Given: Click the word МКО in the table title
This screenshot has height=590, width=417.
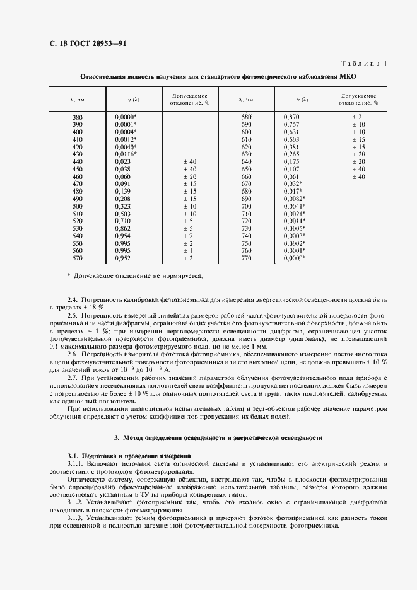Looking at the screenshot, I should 348,77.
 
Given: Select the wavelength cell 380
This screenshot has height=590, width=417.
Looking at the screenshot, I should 77,117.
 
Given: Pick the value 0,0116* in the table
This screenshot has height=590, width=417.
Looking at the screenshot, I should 126,154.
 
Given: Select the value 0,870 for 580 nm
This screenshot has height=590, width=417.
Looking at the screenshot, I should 291,117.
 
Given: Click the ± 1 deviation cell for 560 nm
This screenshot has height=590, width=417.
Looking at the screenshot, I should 188,250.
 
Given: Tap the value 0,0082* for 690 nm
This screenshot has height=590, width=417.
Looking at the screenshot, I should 295,199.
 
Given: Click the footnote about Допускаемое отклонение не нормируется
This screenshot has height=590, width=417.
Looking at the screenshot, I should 138,276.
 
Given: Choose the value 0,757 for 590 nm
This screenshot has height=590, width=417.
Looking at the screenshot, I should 291,125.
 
